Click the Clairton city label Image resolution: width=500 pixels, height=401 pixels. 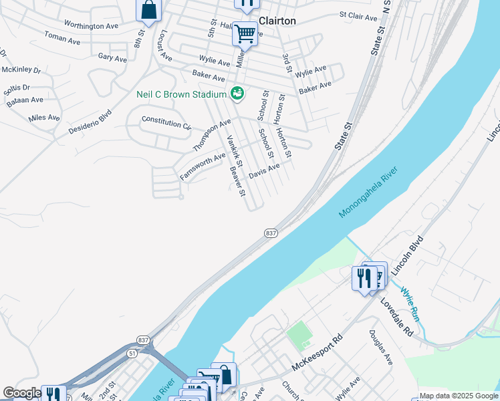277,21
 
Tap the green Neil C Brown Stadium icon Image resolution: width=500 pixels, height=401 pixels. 237,94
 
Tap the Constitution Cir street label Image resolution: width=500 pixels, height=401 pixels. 166,123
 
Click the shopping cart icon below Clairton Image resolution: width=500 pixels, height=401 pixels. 245,33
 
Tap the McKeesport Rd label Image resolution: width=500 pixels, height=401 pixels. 317,354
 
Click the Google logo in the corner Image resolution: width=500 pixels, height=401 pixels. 22,393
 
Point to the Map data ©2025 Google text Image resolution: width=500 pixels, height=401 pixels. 459,396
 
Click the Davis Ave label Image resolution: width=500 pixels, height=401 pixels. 264,171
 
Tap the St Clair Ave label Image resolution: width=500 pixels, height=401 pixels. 358,15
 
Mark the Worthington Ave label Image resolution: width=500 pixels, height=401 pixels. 92,25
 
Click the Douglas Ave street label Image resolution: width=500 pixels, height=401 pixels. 380,347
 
